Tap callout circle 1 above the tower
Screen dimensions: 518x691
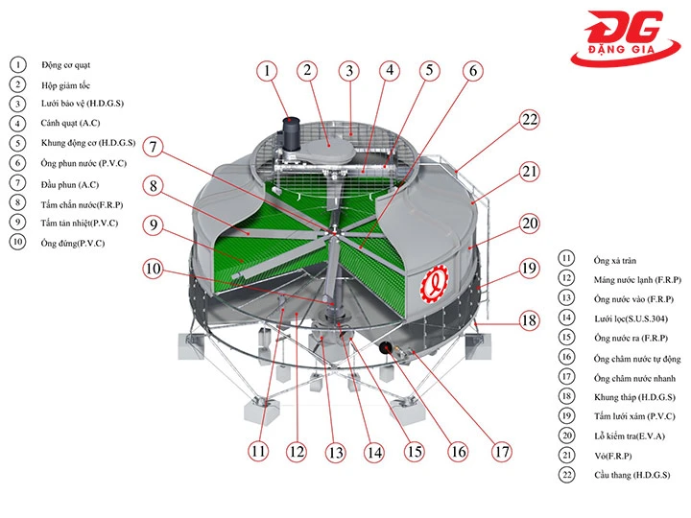tap(267, 70)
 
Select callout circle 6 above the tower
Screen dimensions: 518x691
tap(471, 70)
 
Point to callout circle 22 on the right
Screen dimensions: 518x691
tap(530, 120)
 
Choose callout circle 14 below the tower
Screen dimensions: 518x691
tap(373, 452)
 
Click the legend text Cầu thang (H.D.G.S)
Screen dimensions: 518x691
tap(631, 475)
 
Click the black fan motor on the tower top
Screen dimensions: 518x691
tap(288, 133)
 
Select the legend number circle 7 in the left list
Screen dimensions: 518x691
tap(17, 182)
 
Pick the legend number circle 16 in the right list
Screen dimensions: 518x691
tap(567, 357)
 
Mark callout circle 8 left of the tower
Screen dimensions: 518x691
tap(155, 186)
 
